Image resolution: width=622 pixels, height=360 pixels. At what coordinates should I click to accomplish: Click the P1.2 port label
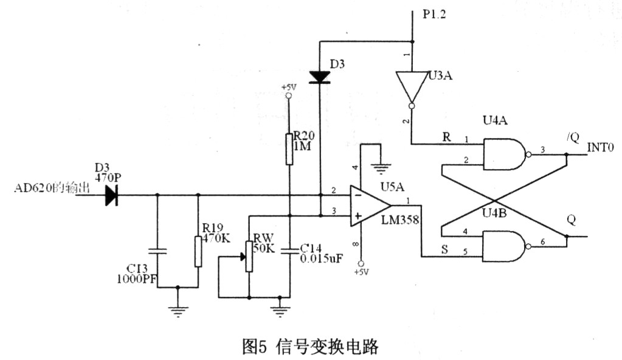tap(434, 15)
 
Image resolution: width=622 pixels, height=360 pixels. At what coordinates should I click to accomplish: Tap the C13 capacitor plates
tap(157, 251)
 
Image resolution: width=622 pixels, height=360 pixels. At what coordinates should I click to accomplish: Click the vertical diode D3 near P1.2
tap(319, 77)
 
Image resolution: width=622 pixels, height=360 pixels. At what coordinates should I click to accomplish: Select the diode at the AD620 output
tap(111, 195)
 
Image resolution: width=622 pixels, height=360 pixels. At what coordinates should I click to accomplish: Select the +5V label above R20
tap(289, 87)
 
